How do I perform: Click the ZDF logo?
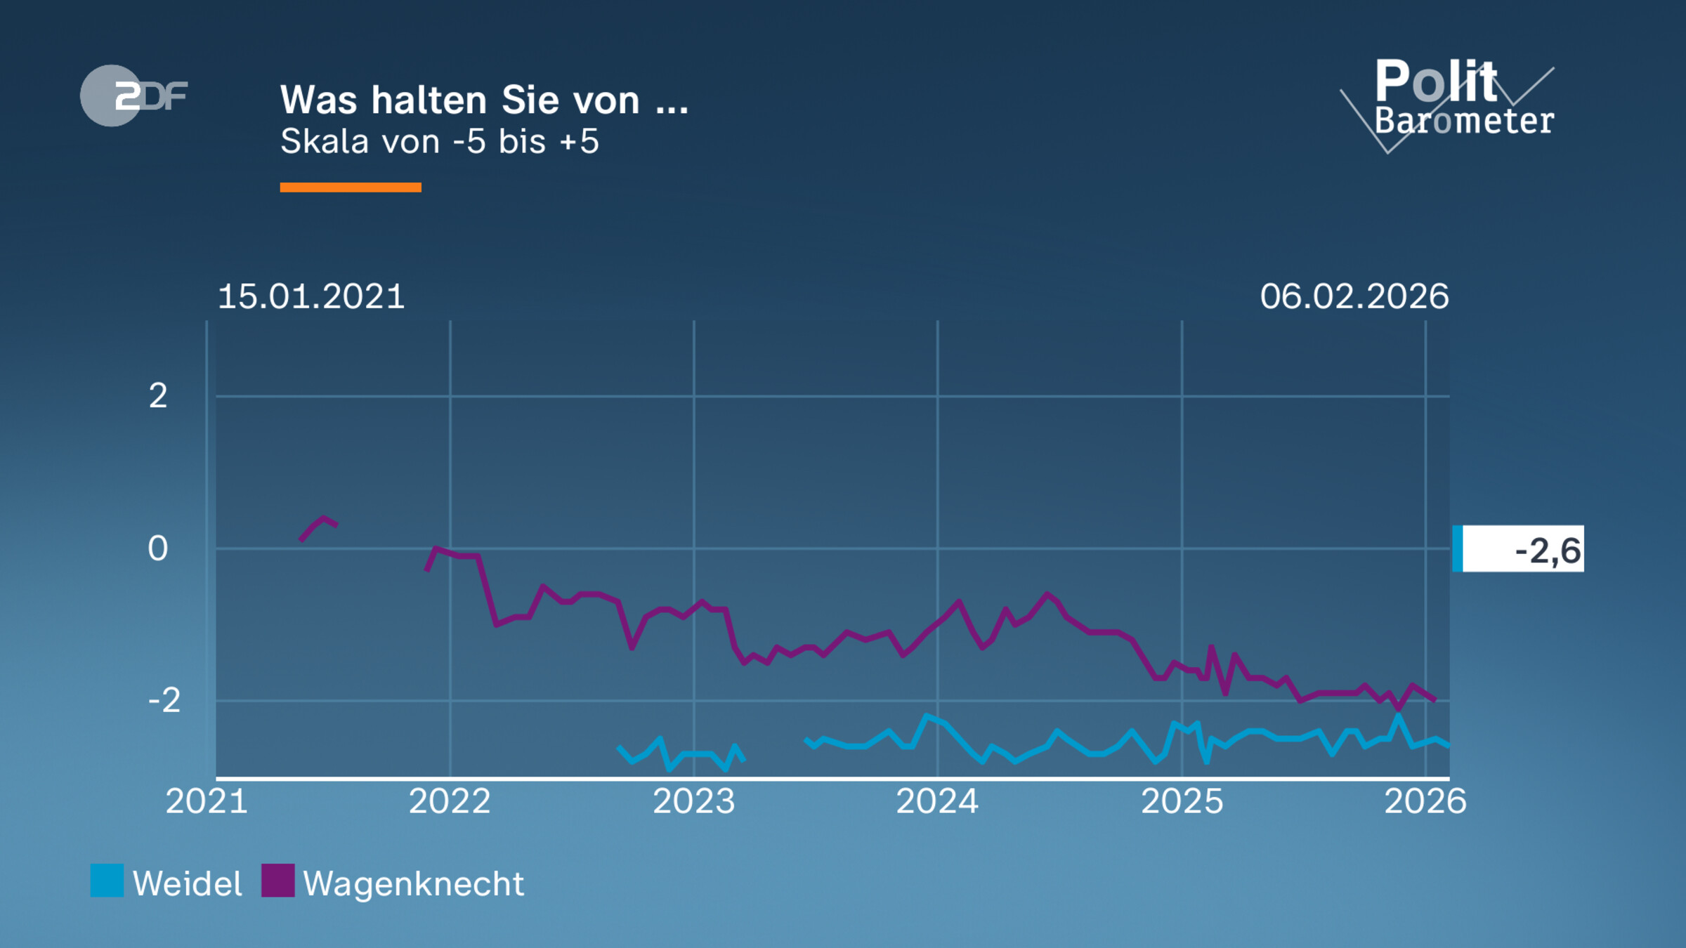pos(133,96)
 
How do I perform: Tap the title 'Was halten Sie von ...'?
pos(484,100)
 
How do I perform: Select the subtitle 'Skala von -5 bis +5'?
pos(439,142)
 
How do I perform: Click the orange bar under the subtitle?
pos(350,187)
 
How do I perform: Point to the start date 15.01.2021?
pos(311,296)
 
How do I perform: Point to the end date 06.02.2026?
pos(1354,296)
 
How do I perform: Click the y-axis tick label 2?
pos(158,396)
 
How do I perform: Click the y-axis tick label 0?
pos(158,548)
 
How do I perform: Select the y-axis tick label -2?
pos(164,700)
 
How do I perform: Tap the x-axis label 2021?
pos(207,801)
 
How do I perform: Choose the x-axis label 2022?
pos(450,801)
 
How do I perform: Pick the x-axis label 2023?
pos(693,801)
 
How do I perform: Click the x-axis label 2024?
pos(937,801)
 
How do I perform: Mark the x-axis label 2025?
pos(1182,801)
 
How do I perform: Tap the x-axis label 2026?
pos(1425,801)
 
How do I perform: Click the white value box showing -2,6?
pos(1522,549)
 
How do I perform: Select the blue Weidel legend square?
pos(107,881)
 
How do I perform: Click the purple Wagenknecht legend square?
pos(277,881)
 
